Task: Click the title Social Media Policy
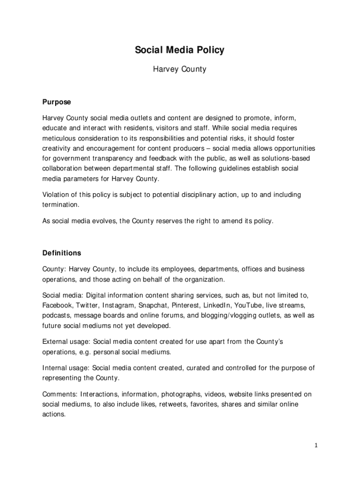coord(180,50)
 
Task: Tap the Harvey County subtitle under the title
coord(180,69)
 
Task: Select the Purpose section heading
coord(57,102)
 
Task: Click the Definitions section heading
coord(62,253)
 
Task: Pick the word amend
coord(231,221)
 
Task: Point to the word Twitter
coord(88,305)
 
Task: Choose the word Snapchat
coord(155,305)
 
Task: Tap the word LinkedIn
coord(216,305)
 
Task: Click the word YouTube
coord(248,305)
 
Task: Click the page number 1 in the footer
coord(316,445)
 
